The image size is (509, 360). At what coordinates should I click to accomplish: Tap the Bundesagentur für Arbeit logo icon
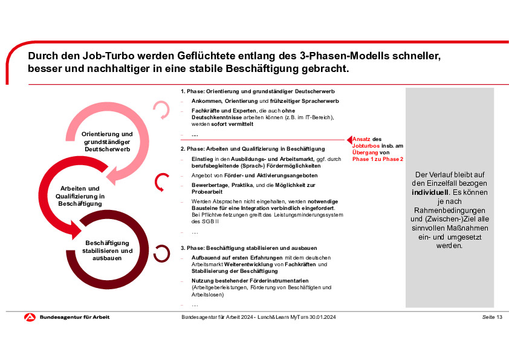pyautogui.click(x=30, y=318)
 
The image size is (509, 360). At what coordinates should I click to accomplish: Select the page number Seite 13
pyautogui.click(x=492, y=318)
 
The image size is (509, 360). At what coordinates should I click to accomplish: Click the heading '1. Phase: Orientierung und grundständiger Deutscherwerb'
pyautogui.click(x=250, y=91)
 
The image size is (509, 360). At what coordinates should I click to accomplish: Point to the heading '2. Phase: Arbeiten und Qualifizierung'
pyautogui.click(x=253, y=148)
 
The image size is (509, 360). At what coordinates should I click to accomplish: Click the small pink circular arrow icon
pyautogui.click(x=161, y=110)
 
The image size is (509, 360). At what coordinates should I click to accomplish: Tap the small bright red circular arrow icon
pyautogui.click(x=162, y=181)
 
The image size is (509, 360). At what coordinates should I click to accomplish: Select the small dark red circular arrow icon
pyautogui.click(x=161, y=253)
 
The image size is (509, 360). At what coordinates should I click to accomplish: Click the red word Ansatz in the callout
pyautogui.click(x=361, y=139)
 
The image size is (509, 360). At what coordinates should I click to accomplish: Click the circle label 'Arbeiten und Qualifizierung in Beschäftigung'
pyautogui.click(x=80, y=196)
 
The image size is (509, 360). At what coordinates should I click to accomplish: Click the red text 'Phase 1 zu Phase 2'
pyautogui.click(x=378, y=159)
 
